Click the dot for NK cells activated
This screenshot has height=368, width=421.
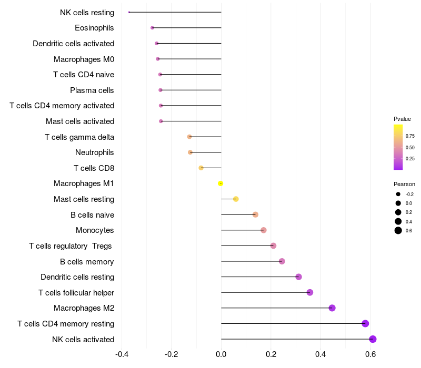point(373,339)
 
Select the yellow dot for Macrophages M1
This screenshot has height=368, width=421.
point(220,183)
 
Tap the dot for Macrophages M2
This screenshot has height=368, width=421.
point(332,308)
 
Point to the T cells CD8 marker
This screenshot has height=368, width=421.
point(201,168)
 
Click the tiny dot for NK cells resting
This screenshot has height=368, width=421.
point(129,12)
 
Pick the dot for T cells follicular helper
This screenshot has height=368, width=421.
point(310,292)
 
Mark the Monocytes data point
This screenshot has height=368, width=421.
point(264,230)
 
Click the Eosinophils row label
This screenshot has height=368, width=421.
point(94,27)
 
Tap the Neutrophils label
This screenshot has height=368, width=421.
point(95,152)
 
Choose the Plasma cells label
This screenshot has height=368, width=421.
point(92,90)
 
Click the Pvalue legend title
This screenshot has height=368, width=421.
point(402,119)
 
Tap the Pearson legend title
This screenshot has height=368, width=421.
point(404,184)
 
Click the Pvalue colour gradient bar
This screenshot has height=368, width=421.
point(398,147)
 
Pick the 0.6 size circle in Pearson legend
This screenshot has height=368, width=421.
point(398,230)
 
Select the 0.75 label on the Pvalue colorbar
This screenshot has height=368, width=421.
point(410,136)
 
